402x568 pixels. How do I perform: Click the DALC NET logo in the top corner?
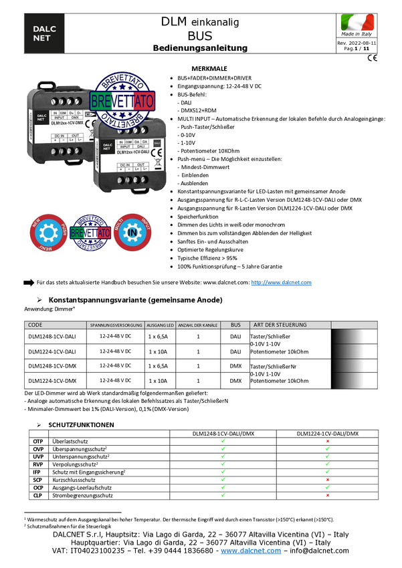click(x=44, y=33)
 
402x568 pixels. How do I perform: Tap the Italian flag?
click(x=357, y=23)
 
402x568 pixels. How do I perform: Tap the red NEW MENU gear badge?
click(x=49, y=233)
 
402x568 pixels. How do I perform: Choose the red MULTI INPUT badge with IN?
click(x=133, y=233)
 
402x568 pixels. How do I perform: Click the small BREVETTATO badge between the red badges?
click(x=90, y=233)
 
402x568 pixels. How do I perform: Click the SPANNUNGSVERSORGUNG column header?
click(x=115, y=325)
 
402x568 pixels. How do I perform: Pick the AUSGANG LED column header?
click(x=161, y=325)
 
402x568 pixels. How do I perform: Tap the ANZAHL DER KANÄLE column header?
click(x=198, y=325)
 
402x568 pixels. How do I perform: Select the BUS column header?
click(x=235, y=325)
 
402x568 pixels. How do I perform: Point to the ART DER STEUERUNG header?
click(x=280, y=325)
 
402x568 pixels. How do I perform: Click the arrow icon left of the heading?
click(x=29, y=283)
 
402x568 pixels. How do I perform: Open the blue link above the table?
click(x=282, y=282)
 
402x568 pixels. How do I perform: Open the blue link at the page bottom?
click(x=251, y=551)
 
